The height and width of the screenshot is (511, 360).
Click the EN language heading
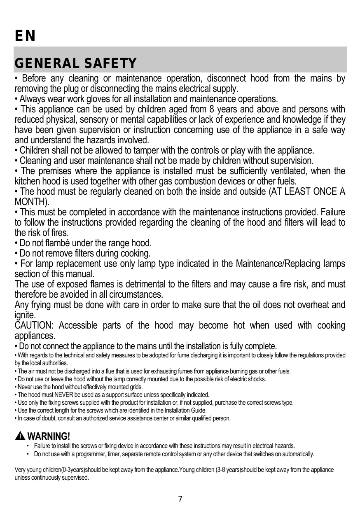25,36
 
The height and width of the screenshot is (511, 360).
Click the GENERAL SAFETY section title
75,64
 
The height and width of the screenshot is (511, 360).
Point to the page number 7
180,499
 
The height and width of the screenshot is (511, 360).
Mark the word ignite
25,315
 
